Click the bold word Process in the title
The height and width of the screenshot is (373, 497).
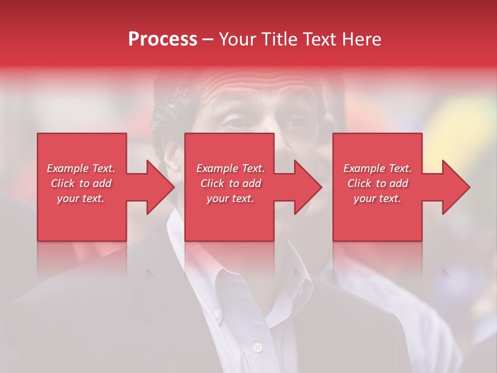[x=163, y=39]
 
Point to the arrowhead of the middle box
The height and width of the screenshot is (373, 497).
[x=308, y=187]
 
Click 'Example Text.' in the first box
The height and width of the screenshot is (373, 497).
[x=81, y=168]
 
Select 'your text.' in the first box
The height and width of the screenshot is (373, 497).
[x=81, y=198]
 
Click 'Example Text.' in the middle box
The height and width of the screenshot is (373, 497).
[x=230, y=168]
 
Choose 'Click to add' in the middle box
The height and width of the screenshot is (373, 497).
[x=230, y=183]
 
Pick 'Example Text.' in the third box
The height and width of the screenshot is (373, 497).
[x=377, y=168]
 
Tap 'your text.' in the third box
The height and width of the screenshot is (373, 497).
[x=377, y=198]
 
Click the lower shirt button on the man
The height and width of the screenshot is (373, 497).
[x=257, y=346]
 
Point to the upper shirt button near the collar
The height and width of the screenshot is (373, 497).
[x=216, y=314]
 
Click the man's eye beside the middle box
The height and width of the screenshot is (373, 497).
[x=296, y=123]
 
